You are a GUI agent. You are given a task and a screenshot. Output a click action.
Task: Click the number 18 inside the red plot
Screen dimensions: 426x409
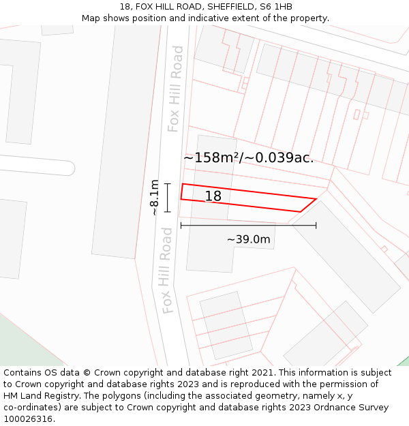(213, 196)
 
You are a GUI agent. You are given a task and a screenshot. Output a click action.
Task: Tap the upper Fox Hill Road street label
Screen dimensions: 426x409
(176, 89)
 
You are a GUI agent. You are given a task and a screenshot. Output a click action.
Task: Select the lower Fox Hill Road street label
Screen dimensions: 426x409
(166, 271)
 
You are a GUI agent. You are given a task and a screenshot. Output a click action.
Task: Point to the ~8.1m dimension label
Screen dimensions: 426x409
(155, 197)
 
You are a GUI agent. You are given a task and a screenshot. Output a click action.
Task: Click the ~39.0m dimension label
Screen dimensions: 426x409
(248, 239)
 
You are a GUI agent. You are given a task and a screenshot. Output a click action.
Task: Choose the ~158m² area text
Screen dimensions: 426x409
(212, 157)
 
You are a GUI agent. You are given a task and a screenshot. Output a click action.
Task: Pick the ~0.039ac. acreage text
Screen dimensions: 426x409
(279, 157)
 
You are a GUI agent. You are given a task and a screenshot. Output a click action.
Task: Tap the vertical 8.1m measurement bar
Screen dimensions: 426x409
(167, 198)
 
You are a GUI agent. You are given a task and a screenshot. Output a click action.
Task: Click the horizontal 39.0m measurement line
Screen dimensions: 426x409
(248, 225)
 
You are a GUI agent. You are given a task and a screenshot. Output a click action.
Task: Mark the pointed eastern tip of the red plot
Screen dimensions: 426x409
(316, 199)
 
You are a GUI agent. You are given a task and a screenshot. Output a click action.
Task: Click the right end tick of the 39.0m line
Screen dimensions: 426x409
(316, 225)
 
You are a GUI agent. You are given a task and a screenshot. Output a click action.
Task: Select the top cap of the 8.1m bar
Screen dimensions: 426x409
(167, 184)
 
